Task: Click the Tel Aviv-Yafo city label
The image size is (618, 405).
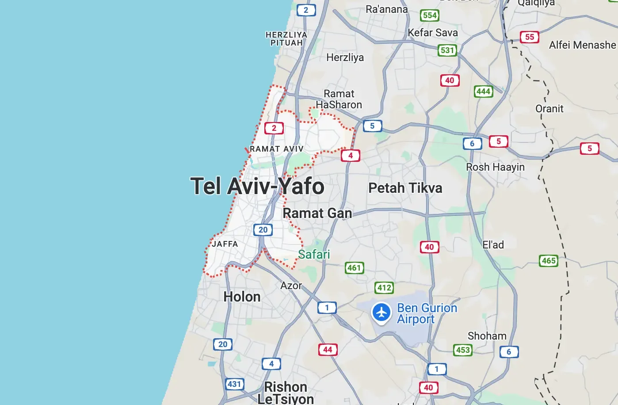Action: [x=257, y=186]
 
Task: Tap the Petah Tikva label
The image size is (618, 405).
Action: [x=405, y=188]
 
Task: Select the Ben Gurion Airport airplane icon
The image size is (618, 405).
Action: [x=381, y=313]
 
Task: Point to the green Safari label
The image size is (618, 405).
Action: [x=314, y=254]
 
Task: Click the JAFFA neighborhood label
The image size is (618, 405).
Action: [x=225, y=244]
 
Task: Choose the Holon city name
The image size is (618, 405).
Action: [x=242, y=297]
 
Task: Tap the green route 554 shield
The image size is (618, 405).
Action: [x=430, y=15]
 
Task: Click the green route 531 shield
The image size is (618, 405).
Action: [x=447, y=50]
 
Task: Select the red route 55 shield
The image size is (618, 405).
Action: [x=530, y=37]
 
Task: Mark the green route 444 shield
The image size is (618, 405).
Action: [x=483, y=92]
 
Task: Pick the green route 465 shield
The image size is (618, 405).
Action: [x=549, y=260]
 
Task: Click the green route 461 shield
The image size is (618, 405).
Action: [x=354, y=267]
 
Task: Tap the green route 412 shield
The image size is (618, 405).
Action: [x=384, y=288]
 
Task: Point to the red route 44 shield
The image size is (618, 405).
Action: [x=328, y=350]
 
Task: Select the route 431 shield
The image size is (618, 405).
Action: [x=234, y=384]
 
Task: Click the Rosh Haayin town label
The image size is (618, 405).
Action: [x=495, y=167]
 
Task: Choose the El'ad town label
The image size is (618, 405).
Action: [x=493, y=245]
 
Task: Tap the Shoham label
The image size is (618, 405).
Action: [x=487, y=336]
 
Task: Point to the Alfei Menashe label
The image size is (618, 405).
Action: [x=582, y=45]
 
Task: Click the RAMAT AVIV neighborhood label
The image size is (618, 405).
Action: [x=277, y=149]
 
